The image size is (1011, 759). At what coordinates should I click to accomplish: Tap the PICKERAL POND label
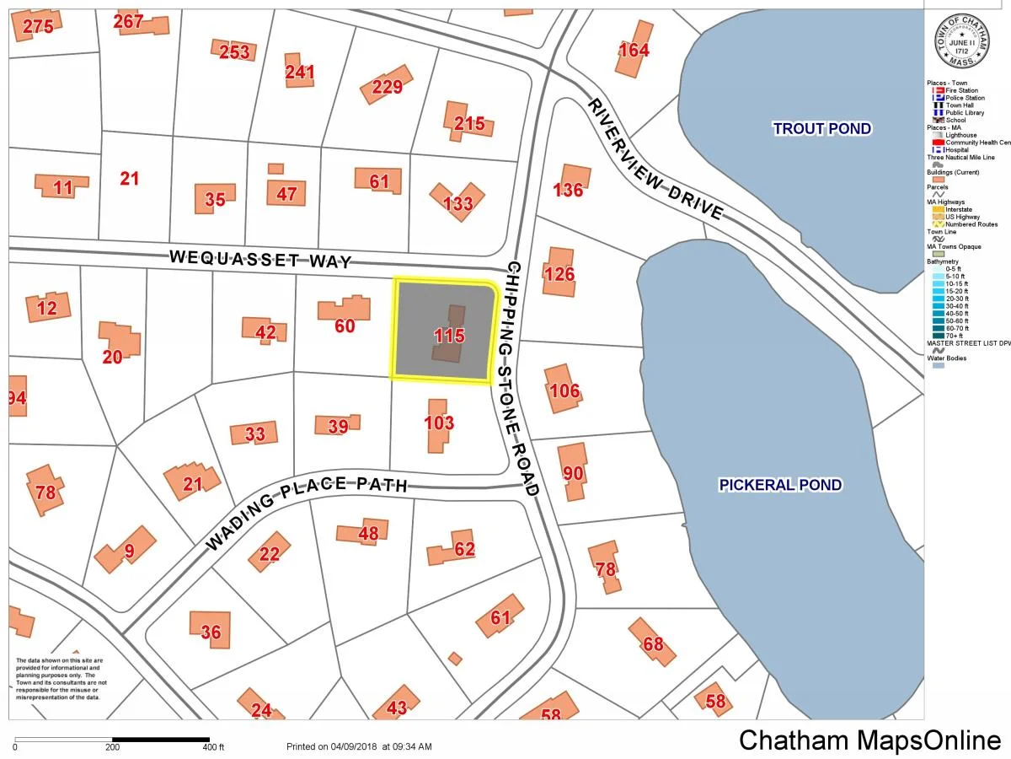pos(779,484)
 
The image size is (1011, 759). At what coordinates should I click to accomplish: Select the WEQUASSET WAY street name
pos(260,257)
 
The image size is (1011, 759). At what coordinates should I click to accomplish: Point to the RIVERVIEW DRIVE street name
pos(655,159)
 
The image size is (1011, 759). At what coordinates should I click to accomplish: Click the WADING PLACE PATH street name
pos(307,504)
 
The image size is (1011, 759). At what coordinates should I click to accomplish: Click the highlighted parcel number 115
pos(449,336)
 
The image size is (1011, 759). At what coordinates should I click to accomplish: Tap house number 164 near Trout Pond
pos(634,50)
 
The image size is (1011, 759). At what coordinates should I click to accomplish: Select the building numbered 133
pos(457,202)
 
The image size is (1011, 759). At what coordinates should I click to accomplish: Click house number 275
pos(38,26)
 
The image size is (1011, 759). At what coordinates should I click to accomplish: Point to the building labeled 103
pos(439,423)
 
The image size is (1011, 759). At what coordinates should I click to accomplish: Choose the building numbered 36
pos(211,632)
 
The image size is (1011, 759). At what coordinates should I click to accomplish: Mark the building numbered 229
pos(388,86)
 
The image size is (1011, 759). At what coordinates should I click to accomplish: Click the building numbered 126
pos(559,273)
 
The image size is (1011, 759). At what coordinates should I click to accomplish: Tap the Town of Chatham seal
pos(960,43)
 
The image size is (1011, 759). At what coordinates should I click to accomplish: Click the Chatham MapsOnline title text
pos(869,740)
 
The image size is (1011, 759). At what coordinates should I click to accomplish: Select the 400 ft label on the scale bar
pos(213,747)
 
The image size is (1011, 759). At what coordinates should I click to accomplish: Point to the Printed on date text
pos(359,746)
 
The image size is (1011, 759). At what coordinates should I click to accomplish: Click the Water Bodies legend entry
pos(947,358)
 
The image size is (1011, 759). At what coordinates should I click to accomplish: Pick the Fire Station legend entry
pos(960,90)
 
